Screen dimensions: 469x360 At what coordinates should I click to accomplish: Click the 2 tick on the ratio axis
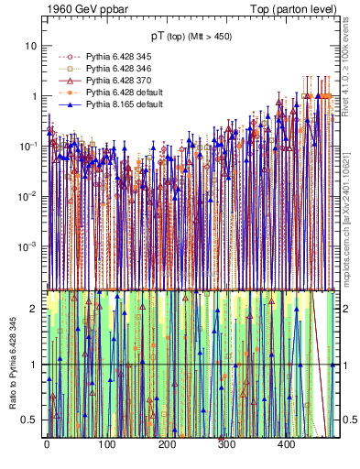point(35,309)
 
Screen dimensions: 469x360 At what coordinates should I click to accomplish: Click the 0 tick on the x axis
point(47,444)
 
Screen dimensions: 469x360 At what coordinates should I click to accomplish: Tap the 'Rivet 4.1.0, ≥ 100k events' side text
point(349,72)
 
